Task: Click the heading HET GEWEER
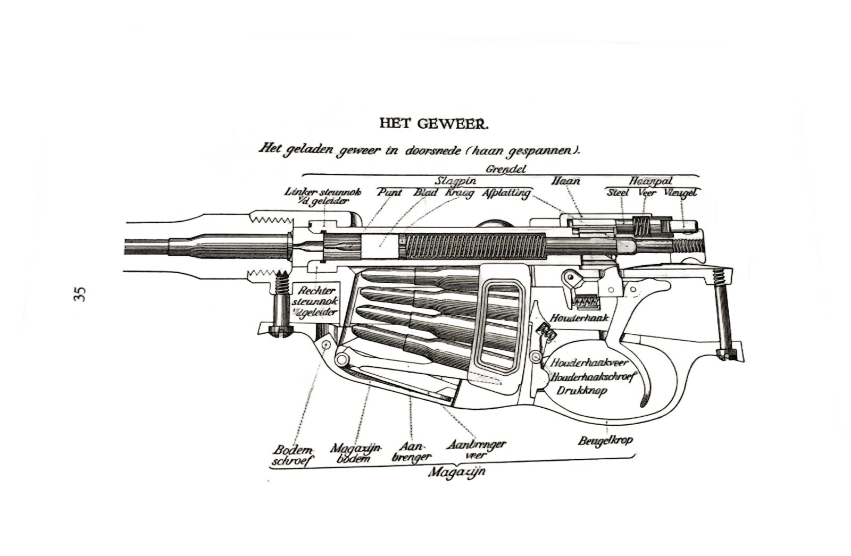433,124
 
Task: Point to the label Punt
389,192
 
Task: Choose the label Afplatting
506,193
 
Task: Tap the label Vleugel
681,192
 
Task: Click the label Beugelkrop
605,441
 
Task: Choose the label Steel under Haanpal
618,192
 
